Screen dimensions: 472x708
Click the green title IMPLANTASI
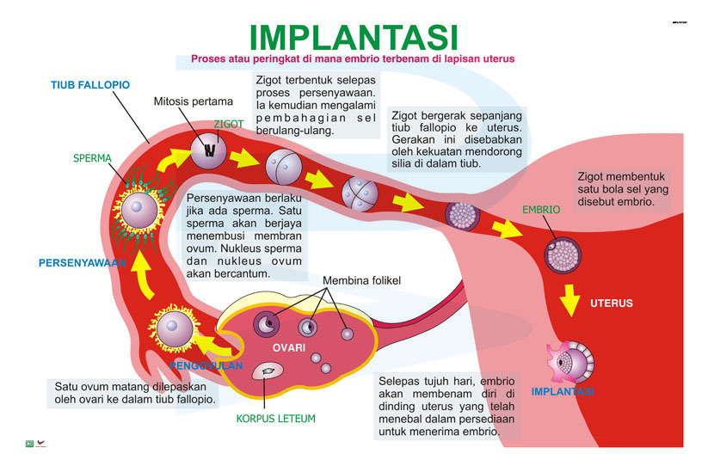coord(353,36)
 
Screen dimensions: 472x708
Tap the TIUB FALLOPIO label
coord(90,85)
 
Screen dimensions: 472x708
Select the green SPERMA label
coord(92,159)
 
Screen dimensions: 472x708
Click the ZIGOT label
coord(229,124)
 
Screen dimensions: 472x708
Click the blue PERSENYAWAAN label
coord(83,263)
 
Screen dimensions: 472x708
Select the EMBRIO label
coord(541,210)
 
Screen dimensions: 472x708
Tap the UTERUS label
coord(611,303)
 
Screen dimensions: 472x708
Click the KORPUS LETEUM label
coord(275,419)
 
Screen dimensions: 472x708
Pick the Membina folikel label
coord(361,281)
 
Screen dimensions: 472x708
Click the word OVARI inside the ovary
coord(289,347)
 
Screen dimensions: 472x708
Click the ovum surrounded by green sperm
coord(137,208)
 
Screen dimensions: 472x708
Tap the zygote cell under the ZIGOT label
coord(209,153)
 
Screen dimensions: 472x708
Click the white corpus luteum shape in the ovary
coord(268,371)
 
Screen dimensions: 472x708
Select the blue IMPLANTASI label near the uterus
coord(562,391)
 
